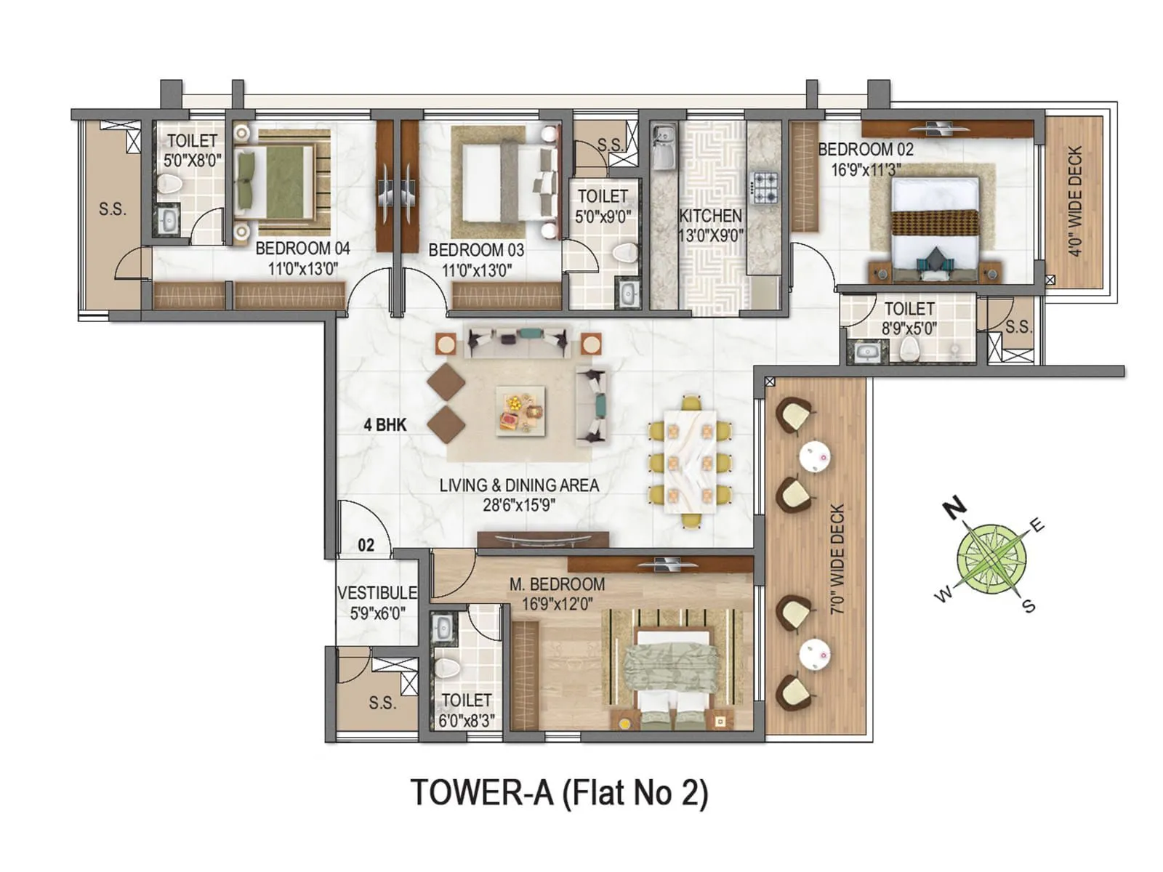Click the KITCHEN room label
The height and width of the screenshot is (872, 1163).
coord(710,216)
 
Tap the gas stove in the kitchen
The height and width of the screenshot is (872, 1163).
coord(764,187)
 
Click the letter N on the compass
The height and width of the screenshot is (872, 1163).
coord(955,509)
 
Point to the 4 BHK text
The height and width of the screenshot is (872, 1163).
coord(385,425)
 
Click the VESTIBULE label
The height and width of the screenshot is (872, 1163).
coord(377,593)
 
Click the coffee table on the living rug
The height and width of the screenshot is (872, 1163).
coord(520,411)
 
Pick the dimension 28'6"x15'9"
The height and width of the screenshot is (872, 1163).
coord(518,505)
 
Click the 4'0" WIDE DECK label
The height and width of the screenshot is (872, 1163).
coord(1076,201)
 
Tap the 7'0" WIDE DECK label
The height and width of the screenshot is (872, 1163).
coord(838,560)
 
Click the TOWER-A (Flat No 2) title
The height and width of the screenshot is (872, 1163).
coord(559,792)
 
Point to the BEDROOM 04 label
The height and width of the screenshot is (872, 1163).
coord(302,249)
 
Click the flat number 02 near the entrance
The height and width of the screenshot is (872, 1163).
coord(366,545)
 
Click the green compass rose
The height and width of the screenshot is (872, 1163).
coord(991,558)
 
